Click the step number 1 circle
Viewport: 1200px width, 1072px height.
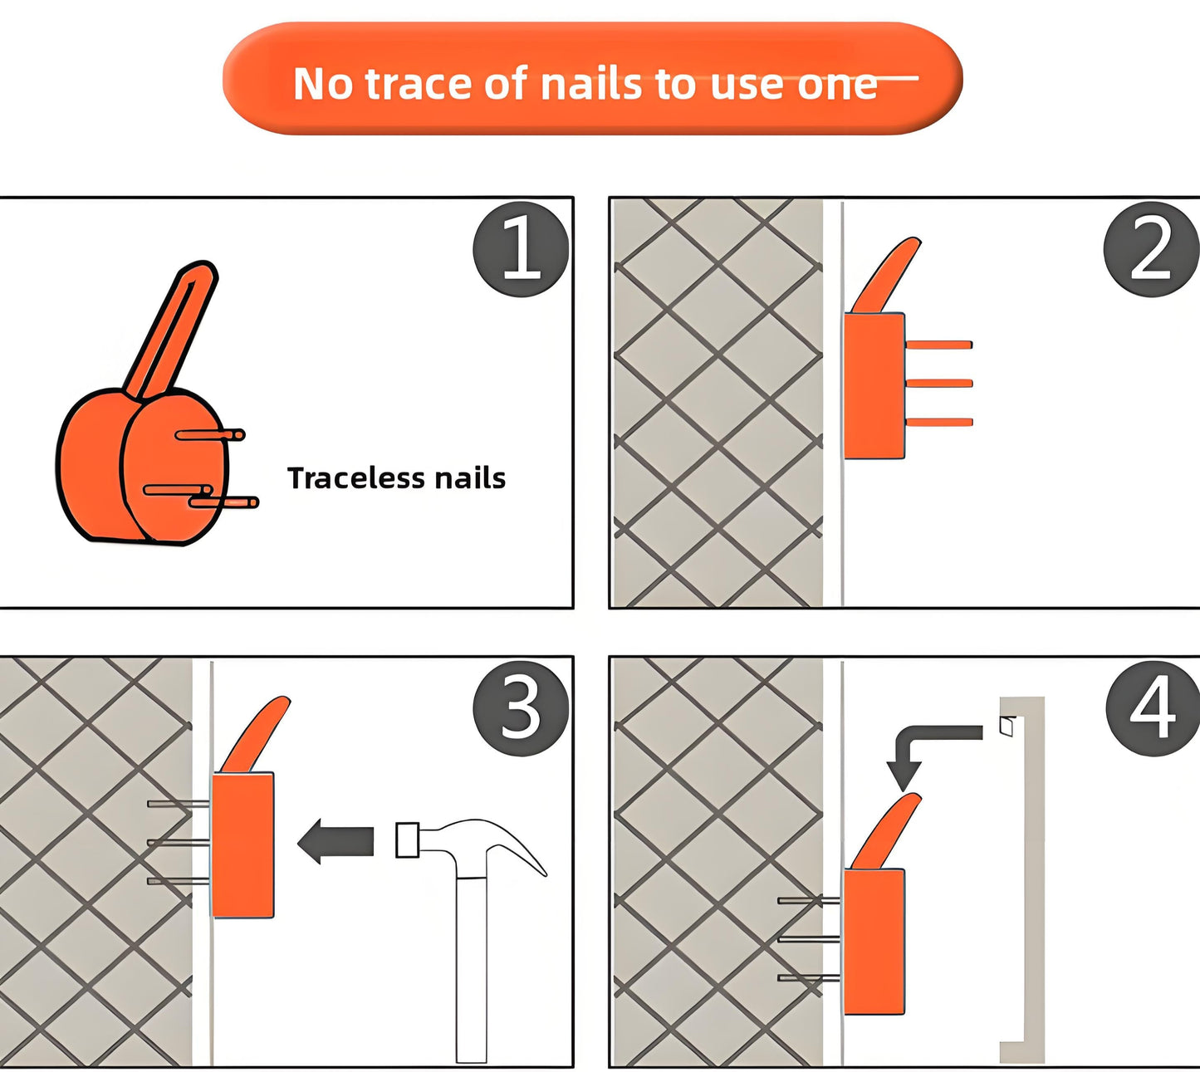(x=521, y=249)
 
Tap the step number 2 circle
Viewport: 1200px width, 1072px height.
(x=1151, y=249)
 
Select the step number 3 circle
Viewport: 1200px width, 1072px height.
(x=521, y=708)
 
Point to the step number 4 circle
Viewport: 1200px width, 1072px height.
(x=1152, y=708)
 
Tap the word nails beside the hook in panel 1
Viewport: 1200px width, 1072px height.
(x=470, y=478)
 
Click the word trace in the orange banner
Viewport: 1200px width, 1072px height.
(x=419, y=84)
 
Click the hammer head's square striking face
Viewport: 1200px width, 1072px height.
(x=407, y=839)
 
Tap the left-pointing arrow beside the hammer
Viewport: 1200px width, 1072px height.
(x=336, y=841)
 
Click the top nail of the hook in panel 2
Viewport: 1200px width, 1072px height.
(x=938, y=345)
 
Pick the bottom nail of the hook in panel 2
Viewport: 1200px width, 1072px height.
(x=938, y=423)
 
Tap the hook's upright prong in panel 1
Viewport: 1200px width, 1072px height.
(x=172, y=329)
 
